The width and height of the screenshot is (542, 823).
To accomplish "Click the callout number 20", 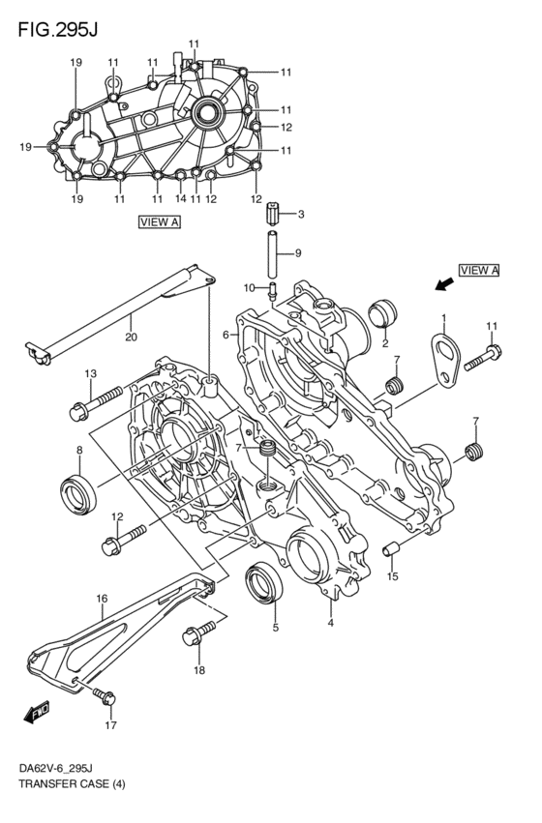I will [131, 337].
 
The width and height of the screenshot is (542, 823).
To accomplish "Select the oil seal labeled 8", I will [78, 493].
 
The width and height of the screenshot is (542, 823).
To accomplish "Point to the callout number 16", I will [101, 601].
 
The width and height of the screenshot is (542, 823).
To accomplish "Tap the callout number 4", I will [330, 623].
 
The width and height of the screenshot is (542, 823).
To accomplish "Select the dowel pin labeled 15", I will [391, 551].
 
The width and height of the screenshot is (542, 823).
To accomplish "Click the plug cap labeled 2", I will [383, 313].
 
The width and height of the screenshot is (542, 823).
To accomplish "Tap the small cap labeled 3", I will [274, 210].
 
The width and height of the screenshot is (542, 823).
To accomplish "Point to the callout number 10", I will [249, 287].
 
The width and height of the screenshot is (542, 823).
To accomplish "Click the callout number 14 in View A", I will [180, 199].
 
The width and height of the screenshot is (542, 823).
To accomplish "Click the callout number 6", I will [225, 335].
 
